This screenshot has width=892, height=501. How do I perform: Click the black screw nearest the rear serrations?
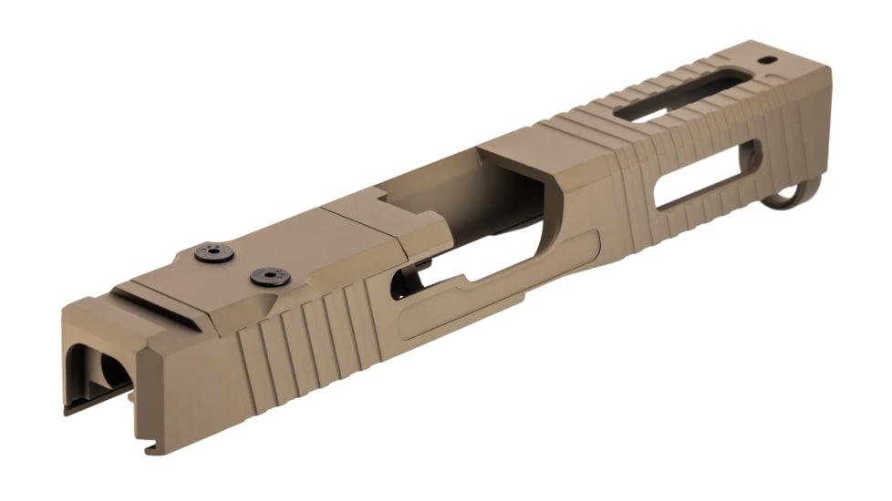pos(269,276)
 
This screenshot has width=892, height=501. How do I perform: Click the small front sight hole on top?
pos(769,62)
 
